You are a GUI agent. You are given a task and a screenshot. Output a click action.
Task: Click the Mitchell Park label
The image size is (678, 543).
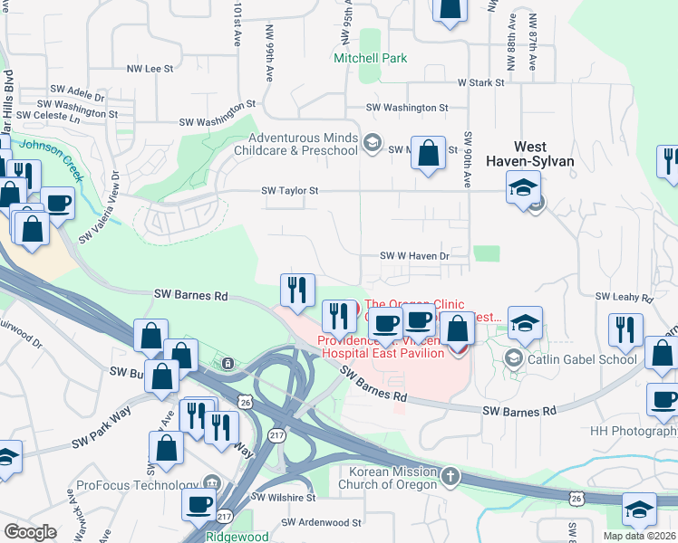(x=371, y=58)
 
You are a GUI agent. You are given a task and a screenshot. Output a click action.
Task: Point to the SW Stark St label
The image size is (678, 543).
(x=480, y=82)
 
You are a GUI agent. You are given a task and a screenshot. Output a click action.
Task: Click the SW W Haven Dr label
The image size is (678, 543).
(x=413, y=256)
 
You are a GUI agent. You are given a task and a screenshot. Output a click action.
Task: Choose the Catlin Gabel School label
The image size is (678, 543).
(x=574, y=359)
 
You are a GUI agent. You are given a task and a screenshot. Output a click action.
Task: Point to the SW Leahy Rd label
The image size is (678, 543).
(x=624, y=297)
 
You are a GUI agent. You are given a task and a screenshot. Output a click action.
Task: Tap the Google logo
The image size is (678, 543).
(x=30, y=531)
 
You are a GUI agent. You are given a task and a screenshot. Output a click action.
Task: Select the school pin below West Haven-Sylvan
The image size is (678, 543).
(x=524, y=188)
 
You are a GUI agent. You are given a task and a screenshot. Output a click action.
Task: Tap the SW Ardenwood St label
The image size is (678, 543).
(x=321, y=522)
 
